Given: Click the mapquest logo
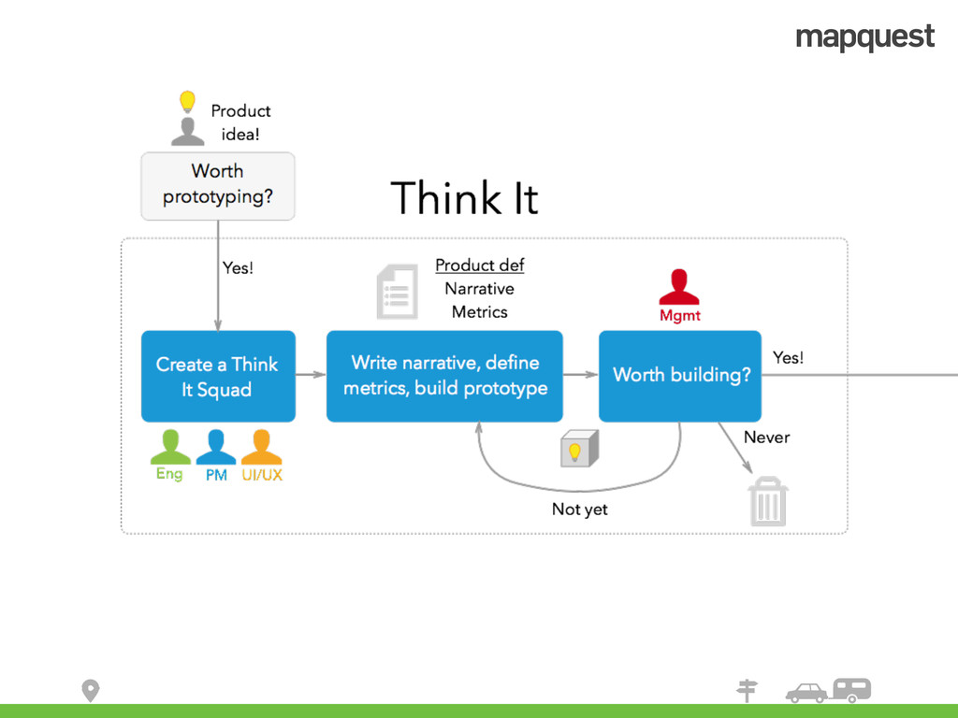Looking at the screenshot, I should coord(864,37).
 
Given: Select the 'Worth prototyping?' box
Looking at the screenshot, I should coord(218,185).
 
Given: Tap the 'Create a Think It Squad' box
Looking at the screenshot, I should coord(218,377).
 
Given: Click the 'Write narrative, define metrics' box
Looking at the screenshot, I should coord(444,375).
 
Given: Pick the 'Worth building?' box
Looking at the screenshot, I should coord(680,375).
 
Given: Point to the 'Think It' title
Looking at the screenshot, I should coord(464,198).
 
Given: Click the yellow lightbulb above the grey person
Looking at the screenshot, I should coord(187,101).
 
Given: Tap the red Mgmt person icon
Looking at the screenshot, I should coord(679,286).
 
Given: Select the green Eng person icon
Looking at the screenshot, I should coord(169,447).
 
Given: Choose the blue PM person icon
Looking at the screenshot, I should coord(216,447).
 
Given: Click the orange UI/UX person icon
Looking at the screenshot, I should coord(262,447).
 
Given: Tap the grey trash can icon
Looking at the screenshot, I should coord(767,502).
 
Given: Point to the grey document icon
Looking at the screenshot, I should coord(397,292).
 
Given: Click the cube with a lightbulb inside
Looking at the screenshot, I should coord(578,450).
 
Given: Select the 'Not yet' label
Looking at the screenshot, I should coord(579,510).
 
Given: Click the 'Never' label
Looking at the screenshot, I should coord(766,437).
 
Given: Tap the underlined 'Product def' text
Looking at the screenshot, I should coord(479,266).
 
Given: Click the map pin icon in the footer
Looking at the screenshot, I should coord(90,691).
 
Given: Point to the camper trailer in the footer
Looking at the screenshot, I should coord(851,690).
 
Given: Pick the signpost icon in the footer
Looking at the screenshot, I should coord(747,690).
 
